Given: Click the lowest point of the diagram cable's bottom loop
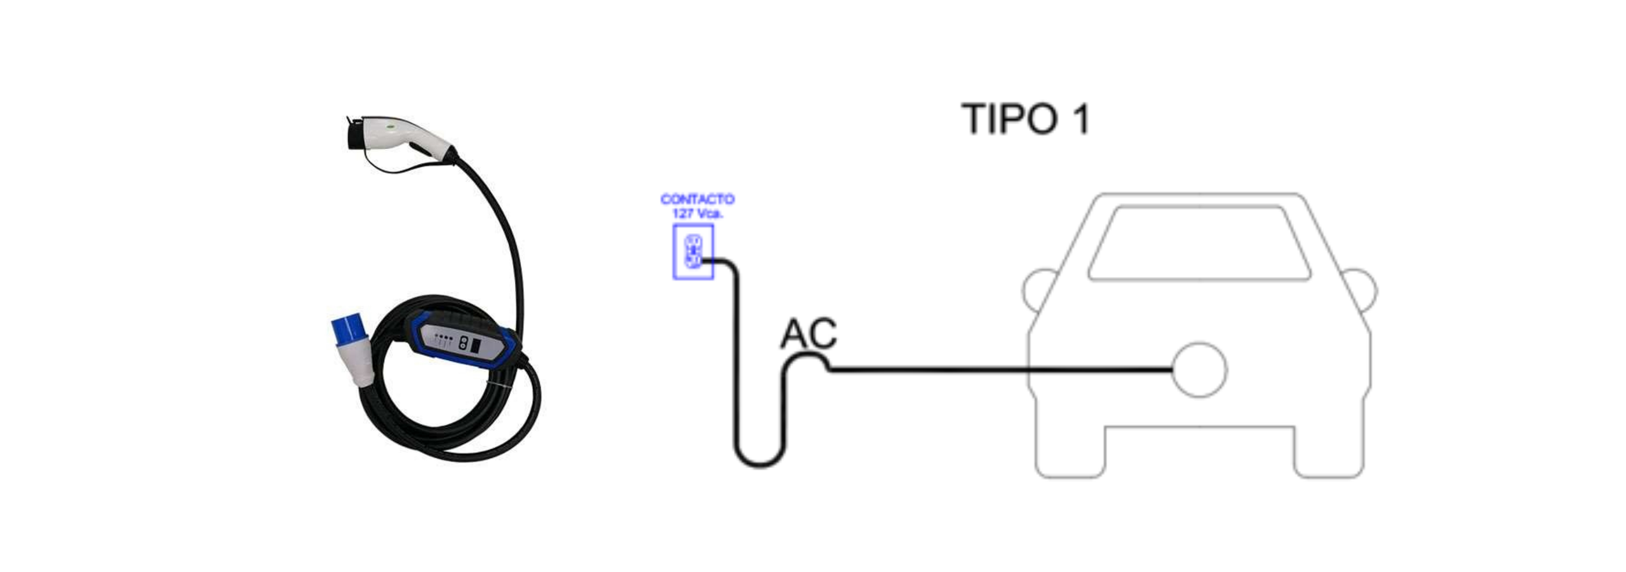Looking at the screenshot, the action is [x=760, y=466].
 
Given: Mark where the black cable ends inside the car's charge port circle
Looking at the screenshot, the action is [x=1172, y=370].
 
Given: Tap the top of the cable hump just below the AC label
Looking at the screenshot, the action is [x=807, y=355].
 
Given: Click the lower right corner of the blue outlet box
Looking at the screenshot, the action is [x=713, y=278].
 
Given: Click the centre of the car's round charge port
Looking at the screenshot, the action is [x=1199, y=370].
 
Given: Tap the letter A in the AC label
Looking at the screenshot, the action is [x=794, y=333].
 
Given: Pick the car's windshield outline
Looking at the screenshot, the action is [x=1199, y=243].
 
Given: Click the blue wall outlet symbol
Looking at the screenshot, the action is [x=693, y=252].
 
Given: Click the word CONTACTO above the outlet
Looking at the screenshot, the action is [x=697, y=199].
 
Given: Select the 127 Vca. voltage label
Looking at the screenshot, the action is [x=697, y=214].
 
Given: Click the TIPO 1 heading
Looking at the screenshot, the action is [x=1025, y=119].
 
